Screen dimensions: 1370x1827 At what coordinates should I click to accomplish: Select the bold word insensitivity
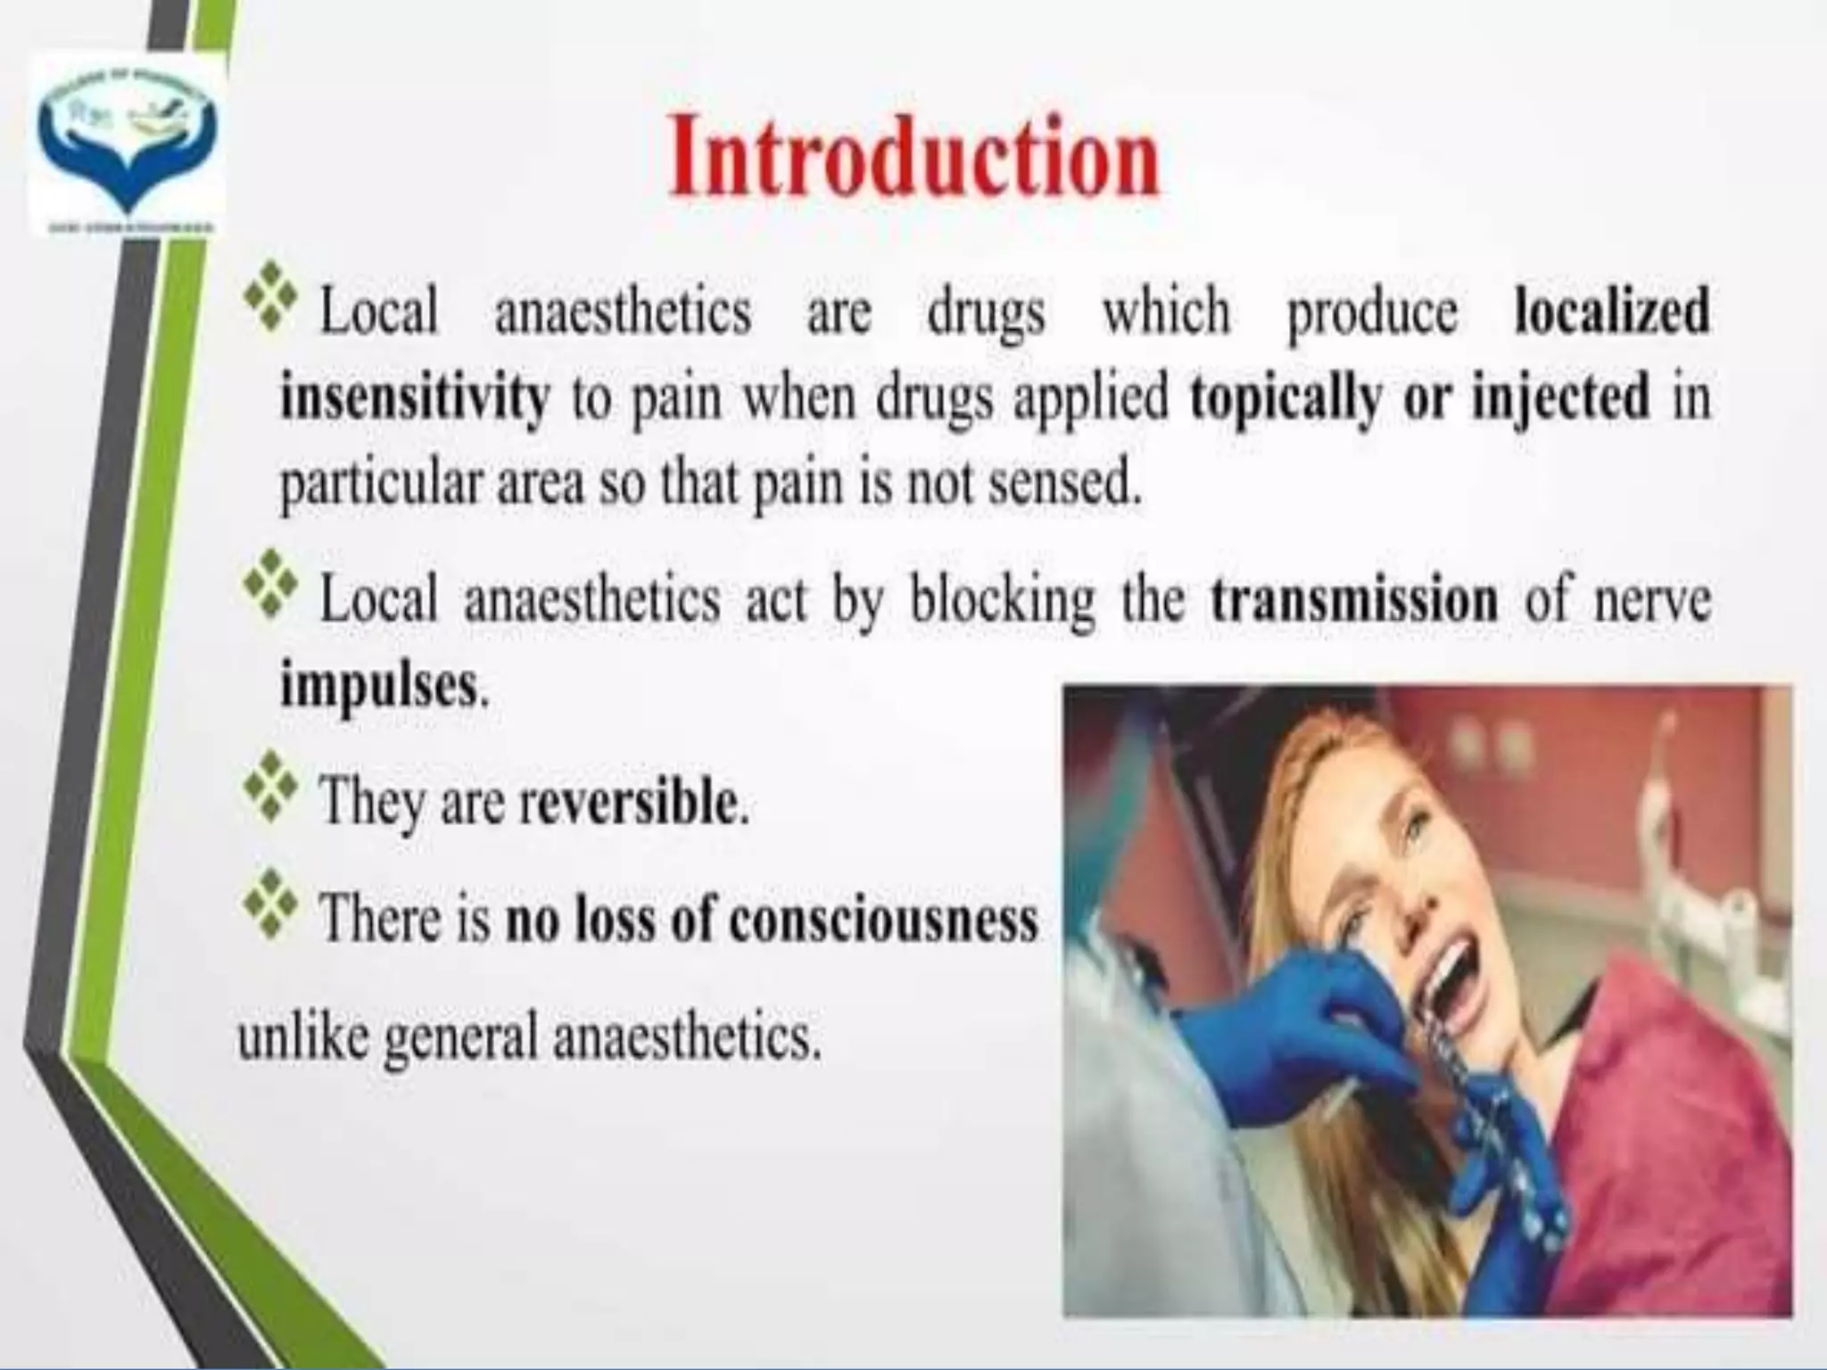pyautogui.click(x=415, y=398)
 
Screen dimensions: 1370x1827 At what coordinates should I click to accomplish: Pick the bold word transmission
pyautogui.click(x=1354, y=600)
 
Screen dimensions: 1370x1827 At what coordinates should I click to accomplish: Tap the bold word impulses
pyautogui.click(x=379, y=687)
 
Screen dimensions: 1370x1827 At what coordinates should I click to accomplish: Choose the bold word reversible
pyautogui.click(x=630, y=803)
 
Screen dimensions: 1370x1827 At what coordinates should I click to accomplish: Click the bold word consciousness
pyautogui.click(x=883, y=919)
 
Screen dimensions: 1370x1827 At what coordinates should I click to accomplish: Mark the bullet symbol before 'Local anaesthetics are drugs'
pyautogui.click(x=269, y=293)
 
